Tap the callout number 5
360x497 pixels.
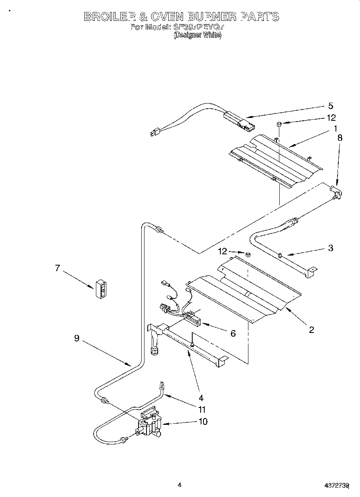(x=330, y=106)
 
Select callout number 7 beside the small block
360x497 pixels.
(x=57, y=268)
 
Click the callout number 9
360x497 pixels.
(x=76, y=338)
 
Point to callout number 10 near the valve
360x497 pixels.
(x=203, y=421)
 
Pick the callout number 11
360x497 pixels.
(x=202, y=410)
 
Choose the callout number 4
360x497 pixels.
(x=201, y=398)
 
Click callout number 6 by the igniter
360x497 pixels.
(x=233, y=333)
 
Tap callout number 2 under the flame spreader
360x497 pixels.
(x=311, y=330)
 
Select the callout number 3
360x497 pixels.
(x=330, y=248)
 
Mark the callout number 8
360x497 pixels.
(x=340, y=137)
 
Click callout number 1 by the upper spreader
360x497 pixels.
(x=334, y=129)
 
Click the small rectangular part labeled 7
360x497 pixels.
(x=103, y=288)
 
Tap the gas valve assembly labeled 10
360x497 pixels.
(x=150, y=427)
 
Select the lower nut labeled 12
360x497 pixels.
(x=248, y=254)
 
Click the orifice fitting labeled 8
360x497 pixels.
(x=336, y=192)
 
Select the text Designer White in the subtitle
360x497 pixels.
(x=197, y=35)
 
